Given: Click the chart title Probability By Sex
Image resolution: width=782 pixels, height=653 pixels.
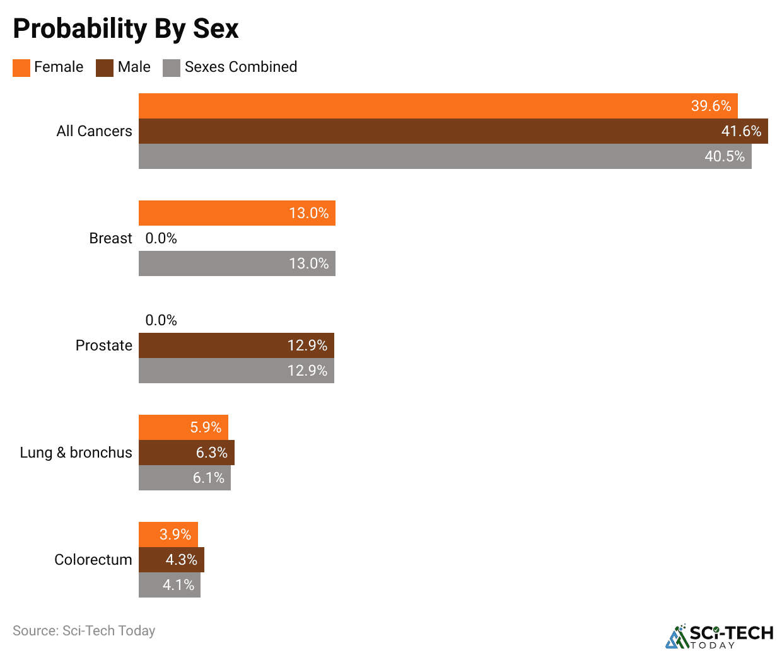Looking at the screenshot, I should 125,29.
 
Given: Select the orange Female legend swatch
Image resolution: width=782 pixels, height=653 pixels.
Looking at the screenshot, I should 21,68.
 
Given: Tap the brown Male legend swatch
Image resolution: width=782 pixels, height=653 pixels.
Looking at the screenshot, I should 105,68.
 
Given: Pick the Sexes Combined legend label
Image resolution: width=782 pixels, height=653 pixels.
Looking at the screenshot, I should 240,67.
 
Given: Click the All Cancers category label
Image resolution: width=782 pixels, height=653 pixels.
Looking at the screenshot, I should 94,131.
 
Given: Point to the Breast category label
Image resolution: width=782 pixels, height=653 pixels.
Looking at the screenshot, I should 110,238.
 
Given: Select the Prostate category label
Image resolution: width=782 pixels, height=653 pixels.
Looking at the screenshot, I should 103,345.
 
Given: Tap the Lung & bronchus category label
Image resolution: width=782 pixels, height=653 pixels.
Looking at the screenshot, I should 76,453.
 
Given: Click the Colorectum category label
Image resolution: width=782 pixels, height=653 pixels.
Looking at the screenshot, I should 93,560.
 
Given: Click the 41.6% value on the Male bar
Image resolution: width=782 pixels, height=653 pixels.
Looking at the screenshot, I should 741,131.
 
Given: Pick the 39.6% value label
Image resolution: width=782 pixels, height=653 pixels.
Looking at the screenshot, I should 711,106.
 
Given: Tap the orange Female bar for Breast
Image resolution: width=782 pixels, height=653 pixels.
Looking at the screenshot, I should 236,213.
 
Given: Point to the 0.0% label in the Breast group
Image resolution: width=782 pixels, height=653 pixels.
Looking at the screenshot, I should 161,238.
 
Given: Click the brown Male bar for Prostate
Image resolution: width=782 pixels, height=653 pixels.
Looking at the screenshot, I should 236,345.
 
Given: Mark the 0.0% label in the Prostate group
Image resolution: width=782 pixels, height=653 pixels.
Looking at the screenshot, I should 161,320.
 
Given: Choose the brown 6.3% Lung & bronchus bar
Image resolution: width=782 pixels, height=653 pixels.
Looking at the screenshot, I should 186,453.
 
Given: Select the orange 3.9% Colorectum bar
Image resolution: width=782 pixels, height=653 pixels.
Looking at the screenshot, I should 168,535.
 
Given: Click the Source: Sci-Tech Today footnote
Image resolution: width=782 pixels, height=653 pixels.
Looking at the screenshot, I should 84,630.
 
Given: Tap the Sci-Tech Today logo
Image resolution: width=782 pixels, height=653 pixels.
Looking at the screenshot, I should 720,636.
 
